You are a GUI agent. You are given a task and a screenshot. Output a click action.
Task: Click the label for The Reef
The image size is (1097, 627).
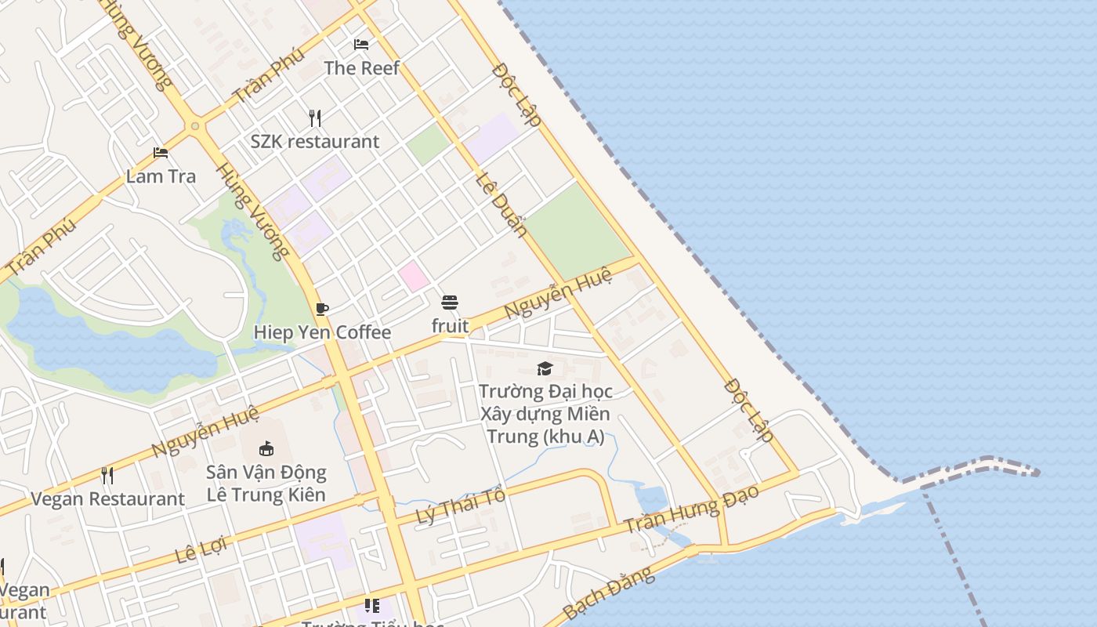[x=362, y=68]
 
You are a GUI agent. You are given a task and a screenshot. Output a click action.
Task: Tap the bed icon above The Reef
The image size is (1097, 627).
[x=361, y=45]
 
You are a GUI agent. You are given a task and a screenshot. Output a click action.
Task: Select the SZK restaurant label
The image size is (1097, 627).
[x=315, y=142]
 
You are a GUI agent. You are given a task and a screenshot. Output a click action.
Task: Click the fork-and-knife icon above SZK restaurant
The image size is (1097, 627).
[x=315, y=118]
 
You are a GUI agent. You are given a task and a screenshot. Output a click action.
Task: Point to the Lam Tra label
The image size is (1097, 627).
[x=161, y=176]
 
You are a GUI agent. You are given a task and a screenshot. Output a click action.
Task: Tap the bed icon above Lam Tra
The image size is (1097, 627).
[x=161, y=153]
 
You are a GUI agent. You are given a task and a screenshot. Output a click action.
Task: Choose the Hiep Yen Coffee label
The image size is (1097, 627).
[x=322, y=332]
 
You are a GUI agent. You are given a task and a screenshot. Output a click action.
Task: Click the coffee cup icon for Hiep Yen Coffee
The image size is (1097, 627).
[x=322, y=309]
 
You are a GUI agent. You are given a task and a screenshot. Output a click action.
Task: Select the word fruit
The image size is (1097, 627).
[x=451, y=326]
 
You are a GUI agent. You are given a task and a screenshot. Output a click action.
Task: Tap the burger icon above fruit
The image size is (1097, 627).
[x=450, y=303]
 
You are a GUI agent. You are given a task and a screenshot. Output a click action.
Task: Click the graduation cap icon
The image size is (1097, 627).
[x=545, y=368]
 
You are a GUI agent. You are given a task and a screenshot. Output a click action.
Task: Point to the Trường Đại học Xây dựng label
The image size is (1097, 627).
[x=545, y=413]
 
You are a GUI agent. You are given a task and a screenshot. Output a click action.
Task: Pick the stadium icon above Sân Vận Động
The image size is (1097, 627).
[x=266, y=449]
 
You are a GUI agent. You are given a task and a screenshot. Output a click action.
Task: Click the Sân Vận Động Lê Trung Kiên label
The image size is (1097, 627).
[x=266, y=484]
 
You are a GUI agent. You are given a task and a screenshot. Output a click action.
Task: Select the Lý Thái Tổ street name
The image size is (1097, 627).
[x=460, y=506]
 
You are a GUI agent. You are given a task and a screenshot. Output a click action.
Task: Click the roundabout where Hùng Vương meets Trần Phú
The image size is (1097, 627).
[x=194, y=125]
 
